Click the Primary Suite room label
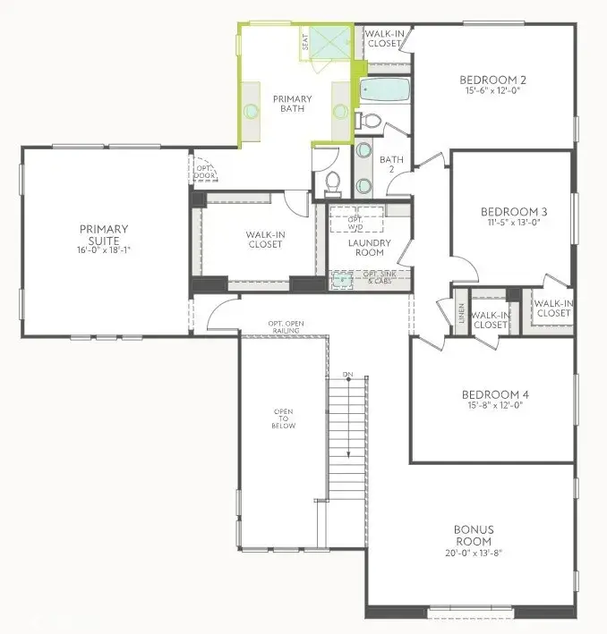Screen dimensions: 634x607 click(x=104, y=234)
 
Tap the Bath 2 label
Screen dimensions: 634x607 click(x=392, y=165)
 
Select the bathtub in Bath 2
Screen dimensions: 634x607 click(x=384, y=90)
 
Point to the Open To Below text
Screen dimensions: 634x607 click(x=283, y=419)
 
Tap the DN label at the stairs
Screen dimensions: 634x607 click(x=347, y=373)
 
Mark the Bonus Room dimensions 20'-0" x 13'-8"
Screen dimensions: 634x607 click(x=473, y=554)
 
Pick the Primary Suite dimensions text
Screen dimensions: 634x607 click(x=104, y=251)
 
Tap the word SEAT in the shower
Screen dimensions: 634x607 click(x=304, y=41)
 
